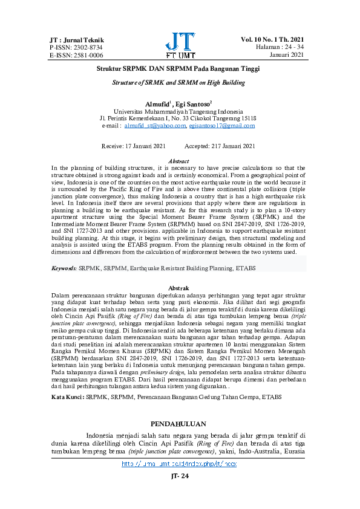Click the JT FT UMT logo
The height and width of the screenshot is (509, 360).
pos(180,45)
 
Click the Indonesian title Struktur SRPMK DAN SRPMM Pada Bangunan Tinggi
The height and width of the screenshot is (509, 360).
pos(179,70)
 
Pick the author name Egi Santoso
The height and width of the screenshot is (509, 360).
pos(192,104)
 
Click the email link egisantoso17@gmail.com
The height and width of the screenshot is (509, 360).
pos(222,126)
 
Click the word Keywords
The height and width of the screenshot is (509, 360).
pos(64,267)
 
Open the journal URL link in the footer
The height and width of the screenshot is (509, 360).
pos(179,464)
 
